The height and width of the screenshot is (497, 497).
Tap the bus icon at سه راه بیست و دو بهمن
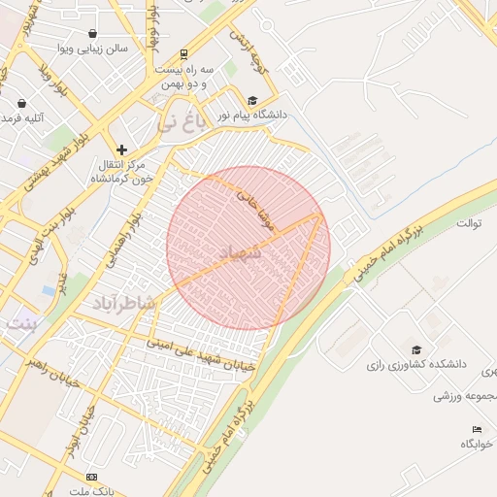click(x=184, y=55)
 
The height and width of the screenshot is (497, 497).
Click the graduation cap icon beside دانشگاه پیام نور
click(x=253, y=99)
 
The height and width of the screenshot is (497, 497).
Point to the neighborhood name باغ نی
click(x=182, y=122)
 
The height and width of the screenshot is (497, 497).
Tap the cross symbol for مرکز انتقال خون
click(x=121, y=149)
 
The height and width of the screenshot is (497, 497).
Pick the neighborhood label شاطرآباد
click(x=124, y=304)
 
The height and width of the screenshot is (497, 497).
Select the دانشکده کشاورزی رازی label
click(x=415, y=365)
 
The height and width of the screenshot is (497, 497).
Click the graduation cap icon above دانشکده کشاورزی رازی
click(x=416, y=349)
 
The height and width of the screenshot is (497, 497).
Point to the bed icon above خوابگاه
click(x=477, y=429)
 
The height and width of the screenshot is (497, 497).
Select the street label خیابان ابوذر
click(x=78, y=433)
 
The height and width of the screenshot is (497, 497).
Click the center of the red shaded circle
click(x=248, y=248)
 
